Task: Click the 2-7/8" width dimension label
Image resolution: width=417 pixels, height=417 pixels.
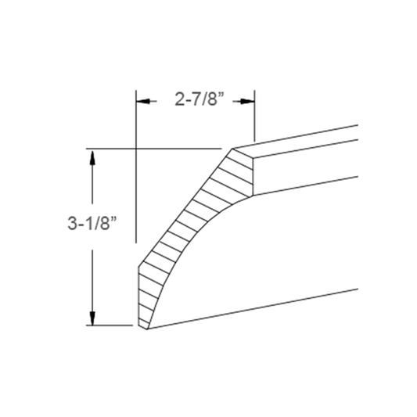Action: [196, 100]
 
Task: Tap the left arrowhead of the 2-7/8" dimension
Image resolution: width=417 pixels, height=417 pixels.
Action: [142, 100]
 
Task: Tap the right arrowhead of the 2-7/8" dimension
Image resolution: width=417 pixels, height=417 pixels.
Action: [250, 100]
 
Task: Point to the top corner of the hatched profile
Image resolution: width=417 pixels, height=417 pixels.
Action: [233, 146]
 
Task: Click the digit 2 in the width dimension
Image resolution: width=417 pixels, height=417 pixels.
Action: [178, 100]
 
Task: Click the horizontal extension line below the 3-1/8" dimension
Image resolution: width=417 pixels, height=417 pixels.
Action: [110, 325]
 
